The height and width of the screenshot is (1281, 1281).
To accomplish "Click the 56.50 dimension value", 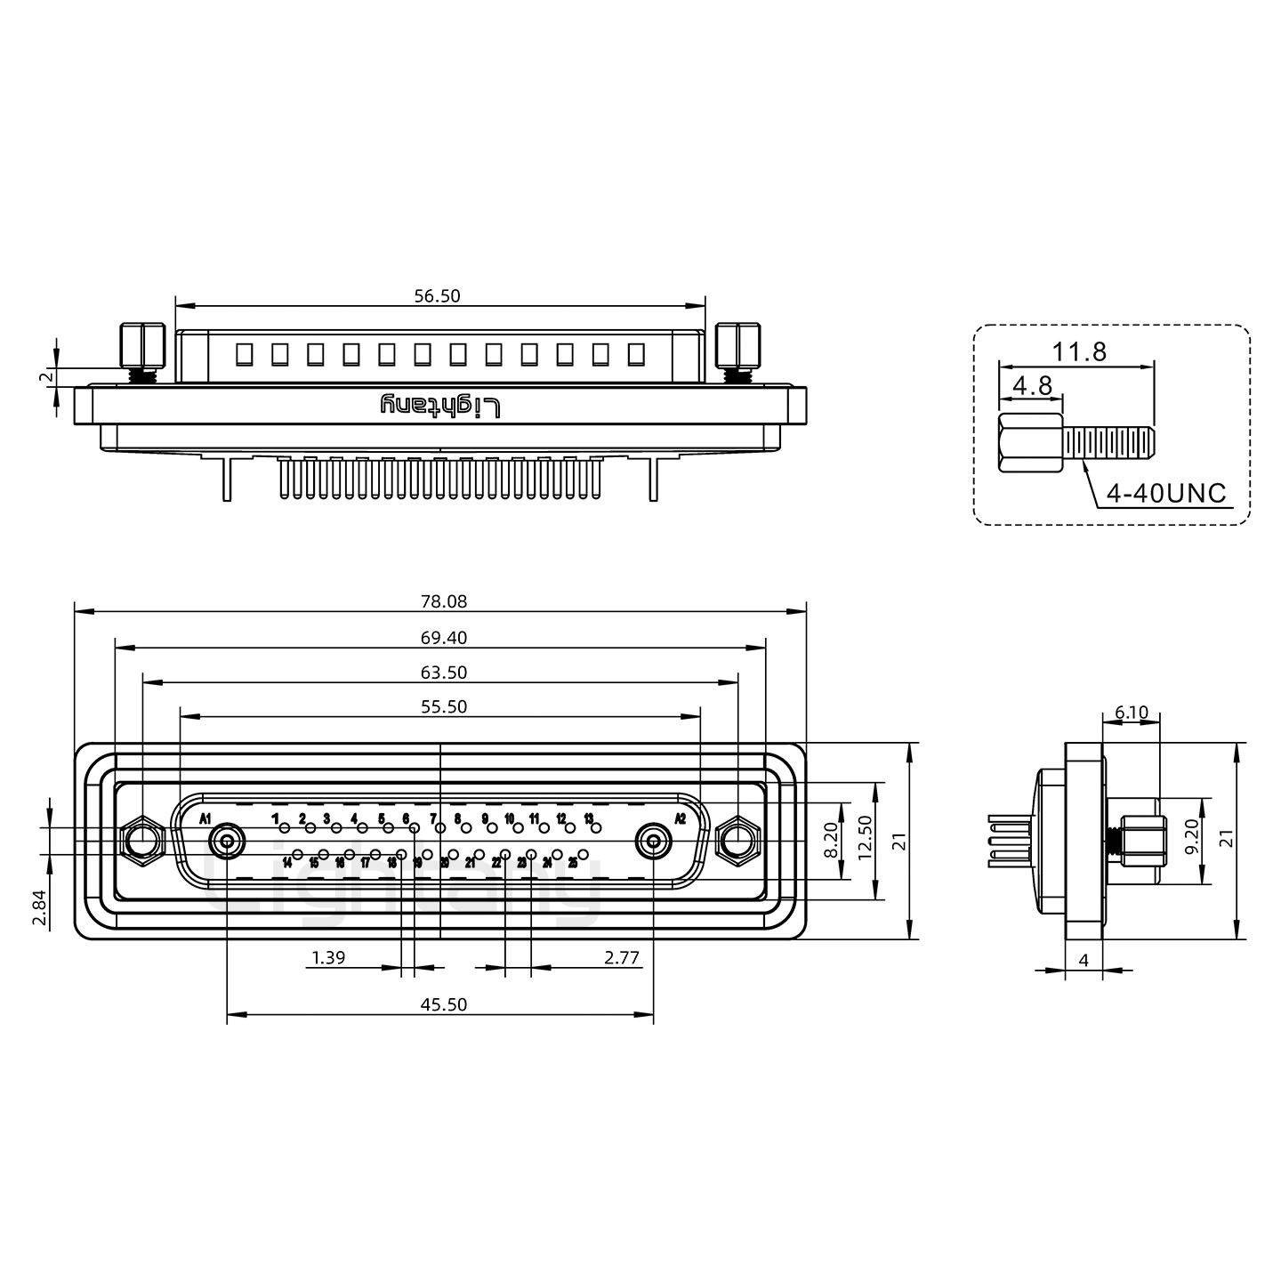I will coord(438,296).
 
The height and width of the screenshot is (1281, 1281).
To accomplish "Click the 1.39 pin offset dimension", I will coord(328,957).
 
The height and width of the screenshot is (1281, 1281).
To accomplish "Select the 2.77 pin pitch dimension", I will coord(622,957).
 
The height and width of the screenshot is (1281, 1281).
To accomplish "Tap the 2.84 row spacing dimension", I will coord(40,906).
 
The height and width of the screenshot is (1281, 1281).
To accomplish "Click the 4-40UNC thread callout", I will coord(1166,492).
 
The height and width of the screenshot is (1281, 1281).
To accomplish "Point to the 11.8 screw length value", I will coord(1079,351).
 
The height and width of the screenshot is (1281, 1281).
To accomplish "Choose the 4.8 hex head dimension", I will coord(1032,385).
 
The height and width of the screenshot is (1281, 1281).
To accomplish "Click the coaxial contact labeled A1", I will coord(227,840).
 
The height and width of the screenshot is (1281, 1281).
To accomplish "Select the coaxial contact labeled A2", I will coord(654,840).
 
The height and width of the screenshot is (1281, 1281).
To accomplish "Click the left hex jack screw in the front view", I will coord(141,840).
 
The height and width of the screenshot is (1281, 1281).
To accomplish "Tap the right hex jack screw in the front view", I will coord(737,840).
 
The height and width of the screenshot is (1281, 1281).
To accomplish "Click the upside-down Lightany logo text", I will coord(441,406).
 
